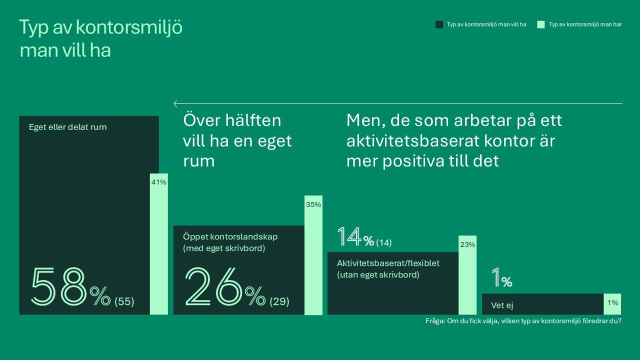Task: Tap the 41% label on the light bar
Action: click(159, 182)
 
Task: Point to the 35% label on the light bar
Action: click(313, 204)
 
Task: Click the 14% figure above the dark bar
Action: click(355, 237)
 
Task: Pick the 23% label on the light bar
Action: click(467, 245)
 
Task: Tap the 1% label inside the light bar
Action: click(613, 303)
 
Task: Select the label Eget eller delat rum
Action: click(67, 127)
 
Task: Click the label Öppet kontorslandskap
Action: click(230, 237)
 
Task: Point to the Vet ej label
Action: click(502, 305)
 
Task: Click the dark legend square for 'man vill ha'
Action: click(439, 24)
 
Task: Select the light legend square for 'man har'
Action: click(540, 24)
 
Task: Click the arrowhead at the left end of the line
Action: click(175, 104)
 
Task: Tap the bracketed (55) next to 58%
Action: click(124, 302)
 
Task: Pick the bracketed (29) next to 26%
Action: click(279, 302)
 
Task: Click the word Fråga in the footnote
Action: click(434, 321)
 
